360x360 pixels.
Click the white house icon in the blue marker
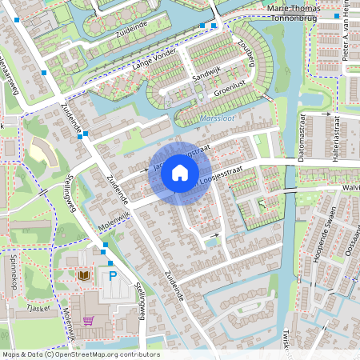(180, 173)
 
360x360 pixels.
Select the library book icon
(84, 275)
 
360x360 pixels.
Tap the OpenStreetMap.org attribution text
(80, 354)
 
